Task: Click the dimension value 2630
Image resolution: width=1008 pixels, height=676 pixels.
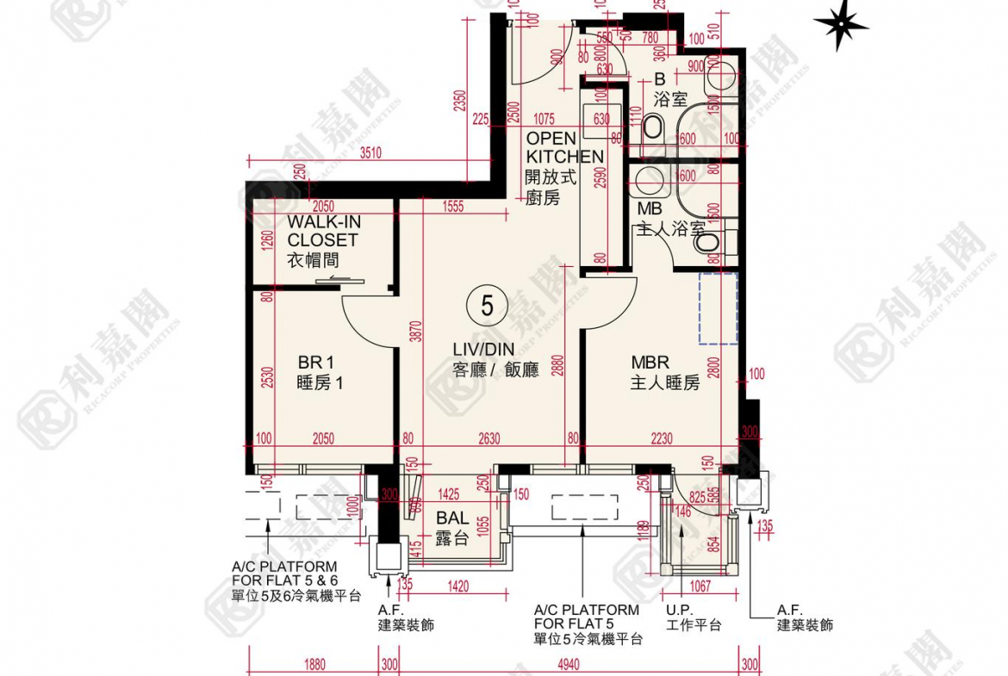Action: click(x=488, y=439)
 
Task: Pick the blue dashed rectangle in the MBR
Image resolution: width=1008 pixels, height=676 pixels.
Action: click(x=718, y=308)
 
